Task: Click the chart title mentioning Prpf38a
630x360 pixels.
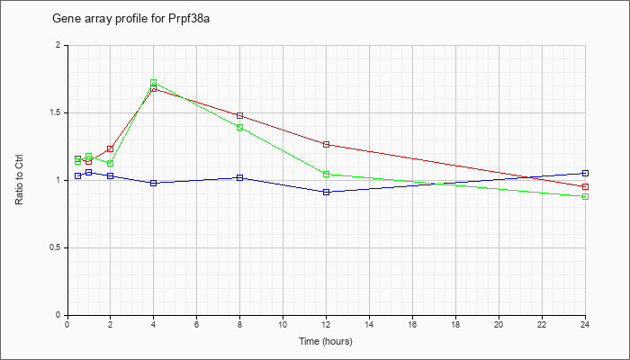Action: tap(131, 19)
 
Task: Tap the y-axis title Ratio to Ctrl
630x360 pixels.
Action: tap(19, 180)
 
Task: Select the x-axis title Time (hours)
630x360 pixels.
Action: tap(326, 341)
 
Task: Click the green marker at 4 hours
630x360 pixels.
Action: tap(154, 83)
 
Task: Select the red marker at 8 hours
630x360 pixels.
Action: tap(240, 116)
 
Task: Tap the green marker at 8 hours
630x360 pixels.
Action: tap(240, 128)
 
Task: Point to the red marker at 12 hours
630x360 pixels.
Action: tap(326, 144)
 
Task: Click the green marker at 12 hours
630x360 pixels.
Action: tap(326, 174)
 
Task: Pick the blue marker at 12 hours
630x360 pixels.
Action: tap(326, 192)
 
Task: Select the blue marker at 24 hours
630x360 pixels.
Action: tap(585, 173)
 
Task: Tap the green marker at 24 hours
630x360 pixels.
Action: tap(585, 196)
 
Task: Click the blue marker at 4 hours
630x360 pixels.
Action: tap(154, 183)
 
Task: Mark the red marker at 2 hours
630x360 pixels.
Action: tap(110, 148)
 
